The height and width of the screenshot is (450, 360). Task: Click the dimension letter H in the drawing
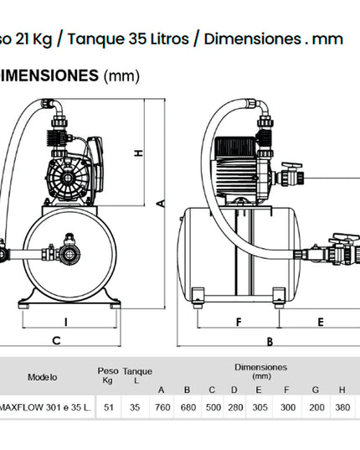139,153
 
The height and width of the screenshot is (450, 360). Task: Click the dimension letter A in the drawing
162,204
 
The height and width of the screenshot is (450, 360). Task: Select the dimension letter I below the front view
66,322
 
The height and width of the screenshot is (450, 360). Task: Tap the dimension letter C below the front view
56,341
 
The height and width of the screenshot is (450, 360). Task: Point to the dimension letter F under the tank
239,322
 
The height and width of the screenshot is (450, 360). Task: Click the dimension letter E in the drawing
321,322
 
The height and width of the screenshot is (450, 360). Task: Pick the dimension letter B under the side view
270,342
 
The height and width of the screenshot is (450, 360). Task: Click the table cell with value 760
162,407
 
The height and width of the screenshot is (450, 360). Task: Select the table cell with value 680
188,407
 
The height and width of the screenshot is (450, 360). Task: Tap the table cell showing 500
213,407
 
